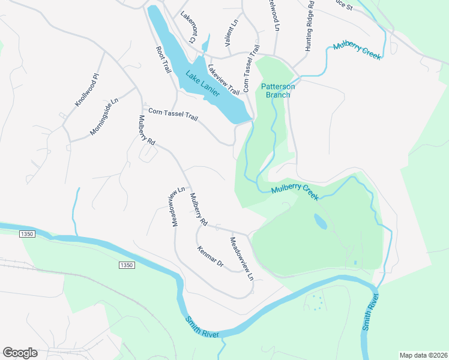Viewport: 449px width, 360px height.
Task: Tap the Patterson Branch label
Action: [x=278, y=91]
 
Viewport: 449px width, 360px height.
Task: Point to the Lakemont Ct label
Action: [x=190, y=30]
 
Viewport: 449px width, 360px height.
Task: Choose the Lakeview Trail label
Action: [x=224, y=79]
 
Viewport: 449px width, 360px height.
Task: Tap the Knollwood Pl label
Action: [x=86, y=91]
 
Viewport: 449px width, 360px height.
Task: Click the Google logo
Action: [x=20, y=352]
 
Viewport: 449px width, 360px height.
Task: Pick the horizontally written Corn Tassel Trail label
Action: [x=173, y=113]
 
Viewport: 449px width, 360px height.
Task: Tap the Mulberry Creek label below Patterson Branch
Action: [x=294, y=192]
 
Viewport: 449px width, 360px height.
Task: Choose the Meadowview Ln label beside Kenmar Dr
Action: [x=243, y=259]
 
